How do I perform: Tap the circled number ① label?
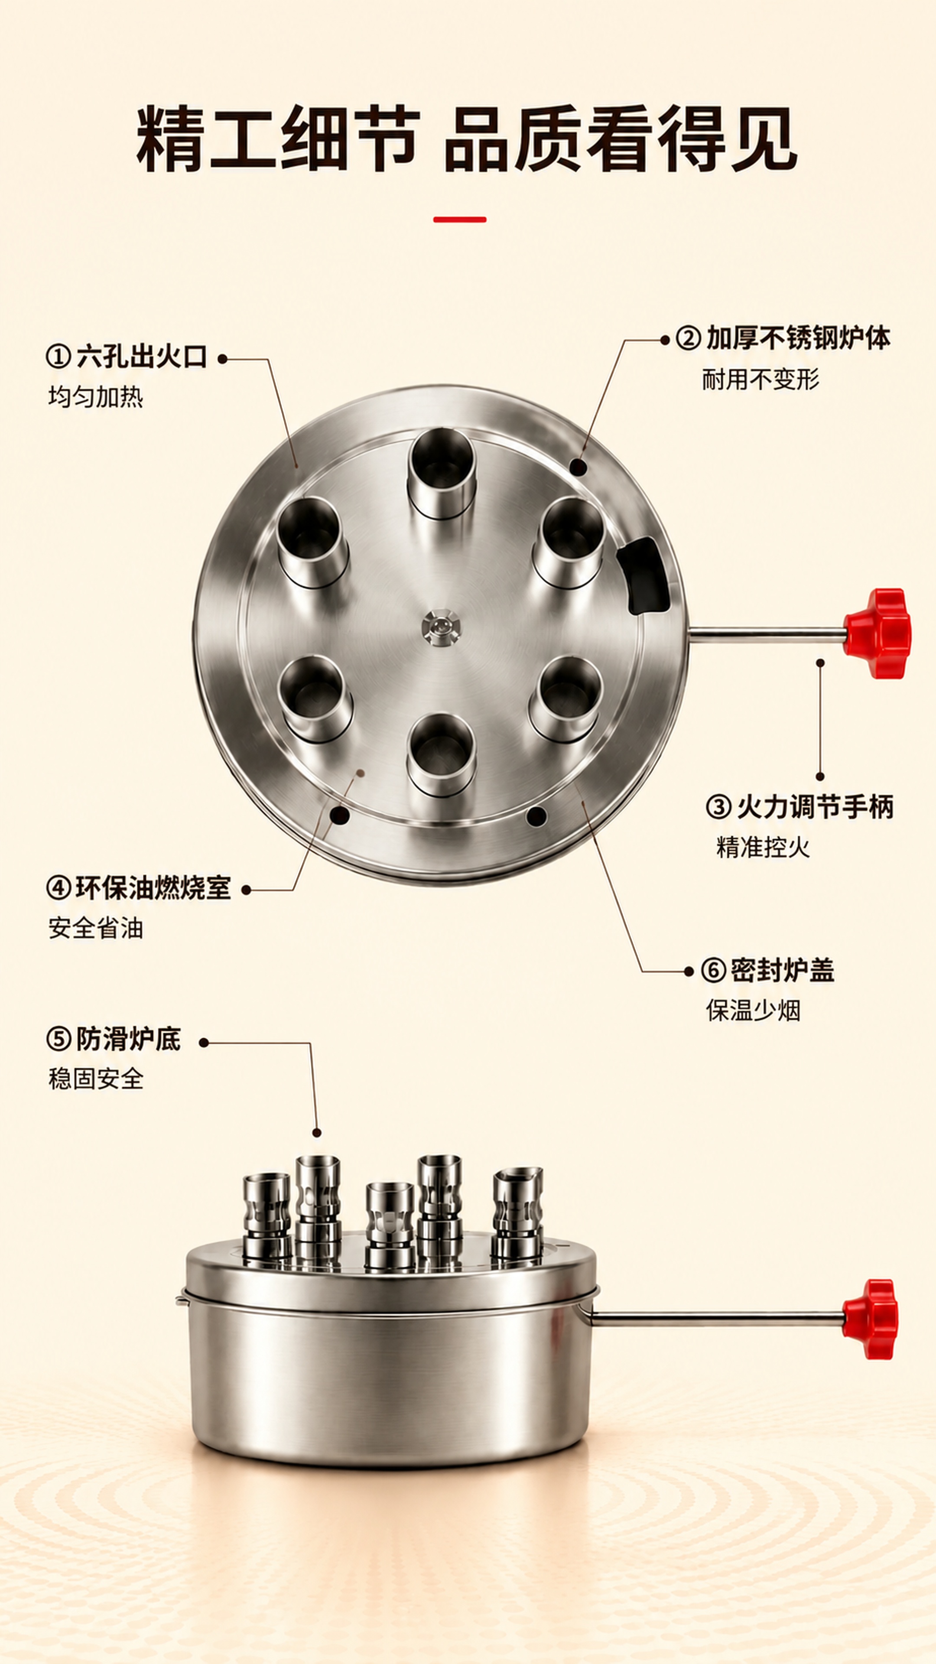point(58,357)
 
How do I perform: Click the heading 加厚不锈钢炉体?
point(798,338)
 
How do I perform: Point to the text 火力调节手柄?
point(815,807)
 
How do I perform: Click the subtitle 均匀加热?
point(96,396)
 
